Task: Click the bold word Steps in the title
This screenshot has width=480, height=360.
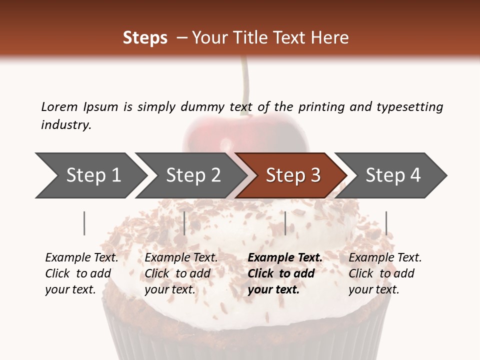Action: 145,38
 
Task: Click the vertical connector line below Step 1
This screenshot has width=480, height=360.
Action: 84,223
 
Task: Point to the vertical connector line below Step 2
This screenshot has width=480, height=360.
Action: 184,223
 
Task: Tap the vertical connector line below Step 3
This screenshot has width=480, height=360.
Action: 285,223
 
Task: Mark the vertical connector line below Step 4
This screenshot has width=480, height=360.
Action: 386,223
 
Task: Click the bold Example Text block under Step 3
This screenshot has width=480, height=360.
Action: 285,273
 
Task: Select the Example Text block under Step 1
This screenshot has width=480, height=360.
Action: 81,273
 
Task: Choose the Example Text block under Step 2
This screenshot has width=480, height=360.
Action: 181,273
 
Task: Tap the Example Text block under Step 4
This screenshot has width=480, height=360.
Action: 385,273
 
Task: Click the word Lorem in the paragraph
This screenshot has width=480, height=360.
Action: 59,106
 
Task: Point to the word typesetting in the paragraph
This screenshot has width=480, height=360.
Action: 409,107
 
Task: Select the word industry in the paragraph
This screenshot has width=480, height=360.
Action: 66,125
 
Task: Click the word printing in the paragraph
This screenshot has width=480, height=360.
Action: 320,107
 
